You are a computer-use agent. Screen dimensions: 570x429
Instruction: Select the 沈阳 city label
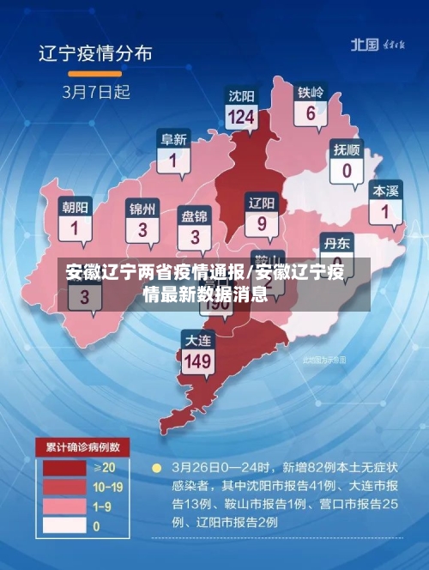tap(241, 95)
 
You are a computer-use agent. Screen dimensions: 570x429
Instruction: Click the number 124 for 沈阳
tap(241, 117)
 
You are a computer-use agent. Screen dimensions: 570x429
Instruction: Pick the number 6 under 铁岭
tap(311, 113)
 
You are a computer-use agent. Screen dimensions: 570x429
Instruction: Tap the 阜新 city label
tap(174, 139)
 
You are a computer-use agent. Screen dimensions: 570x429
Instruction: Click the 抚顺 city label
tap(347, 149)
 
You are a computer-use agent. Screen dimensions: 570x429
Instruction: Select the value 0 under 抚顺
tap(347, 170)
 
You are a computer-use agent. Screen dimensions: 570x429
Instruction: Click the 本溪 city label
tap(385, 190)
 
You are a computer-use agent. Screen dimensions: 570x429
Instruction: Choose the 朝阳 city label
tap(75, 208)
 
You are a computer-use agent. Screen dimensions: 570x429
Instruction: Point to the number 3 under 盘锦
tap(196, 236)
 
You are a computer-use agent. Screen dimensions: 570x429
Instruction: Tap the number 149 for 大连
tap(197, 361)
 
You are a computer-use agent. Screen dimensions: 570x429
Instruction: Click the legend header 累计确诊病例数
tap(82, 447)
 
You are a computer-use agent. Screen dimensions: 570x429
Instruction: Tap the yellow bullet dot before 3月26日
tap(156, 469)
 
